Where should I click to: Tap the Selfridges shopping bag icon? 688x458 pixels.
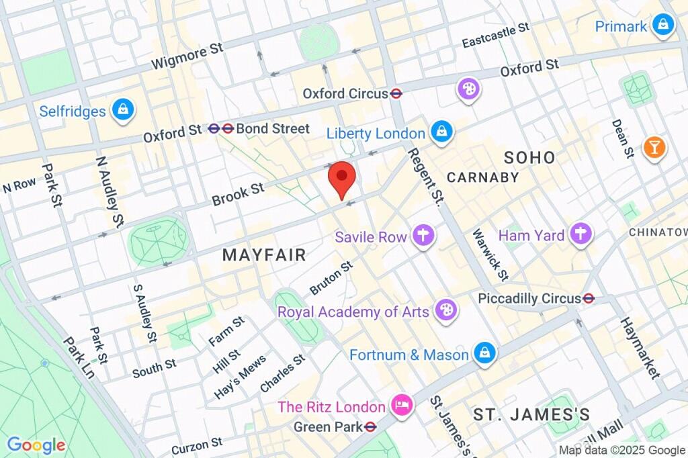coord(124,111)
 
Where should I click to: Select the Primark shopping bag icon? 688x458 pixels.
coord(663,26)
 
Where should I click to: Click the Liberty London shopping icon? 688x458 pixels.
coord(441,133)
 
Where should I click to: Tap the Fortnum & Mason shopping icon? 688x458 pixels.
coord(484,354)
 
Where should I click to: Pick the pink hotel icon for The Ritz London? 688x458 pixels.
coord(402,406)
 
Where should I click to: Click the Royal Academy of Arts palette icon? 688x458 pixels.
coord(445,311)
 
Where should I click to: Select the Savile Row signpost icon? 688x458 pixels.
coord(424,236)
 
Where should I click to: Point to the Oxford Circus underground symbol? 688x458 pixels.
coord(396,94)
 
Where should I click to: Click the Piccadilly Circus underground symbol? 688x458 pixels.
coord(589,297)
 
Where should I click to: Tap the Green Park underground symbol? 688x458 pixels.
coord(370,426)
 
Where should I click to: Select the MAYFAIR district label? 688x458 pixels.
coord(264,255)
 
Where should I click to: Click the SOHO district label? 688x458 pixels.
coord(529,158)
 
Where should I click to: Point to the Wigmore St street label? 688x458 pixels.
coord(186,56)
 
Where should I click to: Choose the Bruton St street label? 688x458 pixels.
coord(331,278)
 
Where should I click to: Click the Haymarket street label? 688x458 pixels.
coord(639,347)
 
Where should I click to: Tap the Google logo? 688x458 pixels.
coord(36,445)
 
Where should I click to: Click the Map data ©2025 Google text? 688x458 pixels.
coord(621,450)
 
